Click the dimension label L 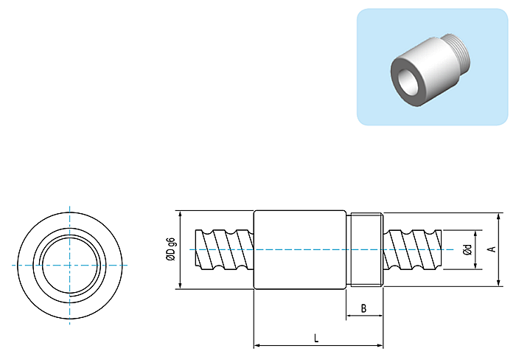[x=316, y=338]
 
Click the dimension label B [x=363, y=308]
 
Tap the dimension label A [x=492, y=249]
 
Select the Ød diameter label [x=467, y=249]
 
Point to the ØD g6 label [x=171, y=249]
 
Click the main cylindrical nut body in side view [x=300, y=249]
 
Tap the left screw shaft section [x=224, y=249]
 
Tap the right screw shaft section [x=412, y=249]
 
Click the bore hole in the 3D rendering [x=408, y=81]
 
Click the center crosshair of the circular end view [x=70, y=265]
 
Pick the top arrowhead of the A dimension [x=499, y=216]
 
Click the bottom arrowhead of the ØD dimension [x=180, y=285]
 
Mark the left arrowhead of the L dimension [x=257, y=345]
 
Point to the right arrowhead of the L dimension [x=380, y=345]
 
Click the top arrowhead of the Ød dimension [x=475, y=234]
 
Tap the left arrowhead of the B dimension [x=350, y=316]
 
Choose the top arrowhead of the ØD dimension [x=180, y=214]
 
